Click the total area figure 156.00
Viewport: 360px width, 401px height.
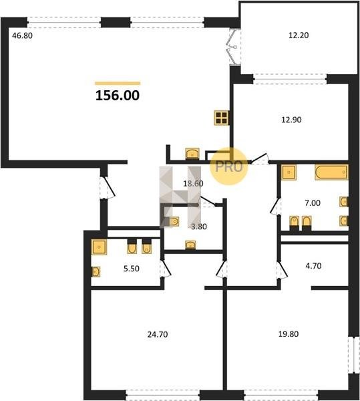118,96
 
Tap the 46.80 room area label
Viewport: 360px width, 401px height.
23,35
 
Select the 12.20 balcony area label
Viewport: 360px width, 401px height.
299,35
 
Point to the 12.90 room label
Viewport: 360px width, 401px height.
291,120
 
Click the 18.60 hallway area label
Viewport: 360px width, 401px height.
194,183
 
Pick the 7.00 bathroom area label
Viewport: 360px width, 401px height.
313,203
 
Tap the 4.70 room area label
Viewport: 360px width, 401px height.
313,266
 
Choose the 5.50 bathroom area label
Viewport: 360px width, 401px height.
132,269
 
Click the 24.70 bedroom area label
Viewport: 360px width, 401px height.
158,335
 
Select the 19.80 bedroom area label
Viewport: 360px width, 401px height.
289,334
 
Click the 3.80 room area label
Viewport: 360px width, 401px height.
199,227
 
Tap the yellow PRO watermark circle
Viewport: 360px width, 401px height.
229,166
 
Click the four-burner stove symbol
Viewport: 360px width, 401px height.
222,118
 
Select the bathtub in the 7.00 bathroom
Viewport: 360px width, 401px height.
332,172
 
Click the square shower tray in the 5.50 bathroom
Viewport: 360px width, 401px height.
99,247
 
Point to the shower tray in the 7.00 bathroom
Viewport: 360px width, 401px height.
289,172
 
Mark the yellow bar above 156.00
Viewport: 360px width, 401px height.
118,84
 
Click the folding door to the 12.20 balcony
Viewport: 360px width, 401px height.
233,47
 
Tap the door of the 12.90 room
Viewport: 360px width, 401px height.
259,158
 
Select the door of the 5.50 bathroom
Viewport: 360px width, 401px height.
166,269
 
